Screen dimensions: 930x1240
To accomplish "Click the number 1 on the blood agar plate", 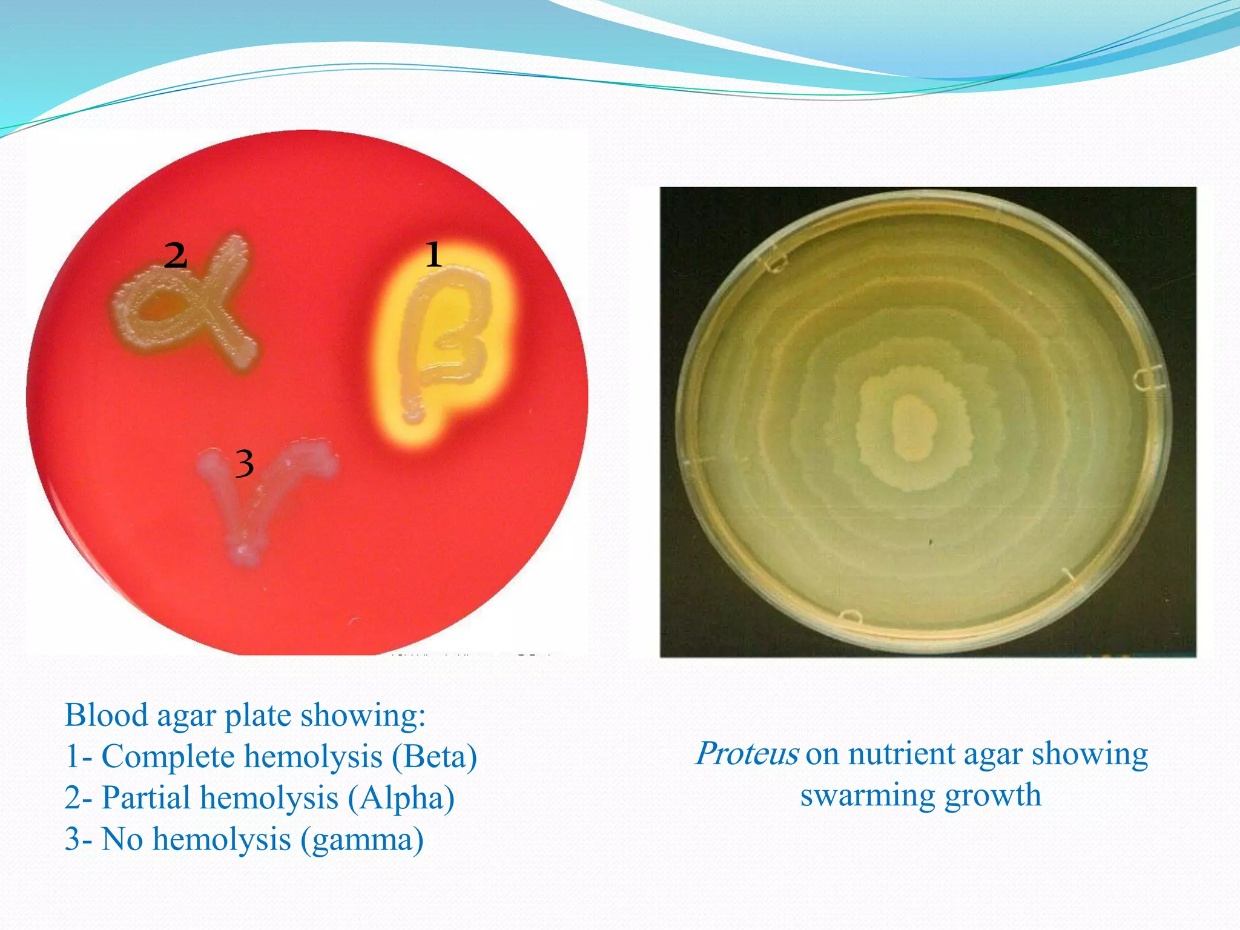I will coord(434,254).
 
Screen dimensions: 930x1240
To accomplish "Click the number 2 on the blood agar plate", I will coord(176,256).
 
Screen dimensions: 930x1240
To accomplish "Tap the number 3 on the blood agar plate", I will coord(244,464).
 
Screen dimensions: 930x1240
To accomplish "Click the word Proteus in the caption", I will coord(747,754).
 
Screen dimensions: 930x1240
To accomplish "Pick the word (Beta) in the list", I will coord(434,757).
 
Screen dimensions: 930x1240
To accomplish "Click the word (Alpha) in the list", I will coord(401,798).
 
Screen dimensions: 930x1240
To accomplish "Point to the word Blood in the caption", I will coord(106,716).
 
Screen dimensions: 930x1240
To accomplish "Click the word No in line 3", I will coord(123,840).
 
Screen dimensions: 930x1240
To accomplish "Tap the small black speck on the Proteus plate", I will coord(931,542).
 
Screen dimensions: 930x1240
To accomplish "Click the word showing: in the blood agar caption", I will coord(363,716).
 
